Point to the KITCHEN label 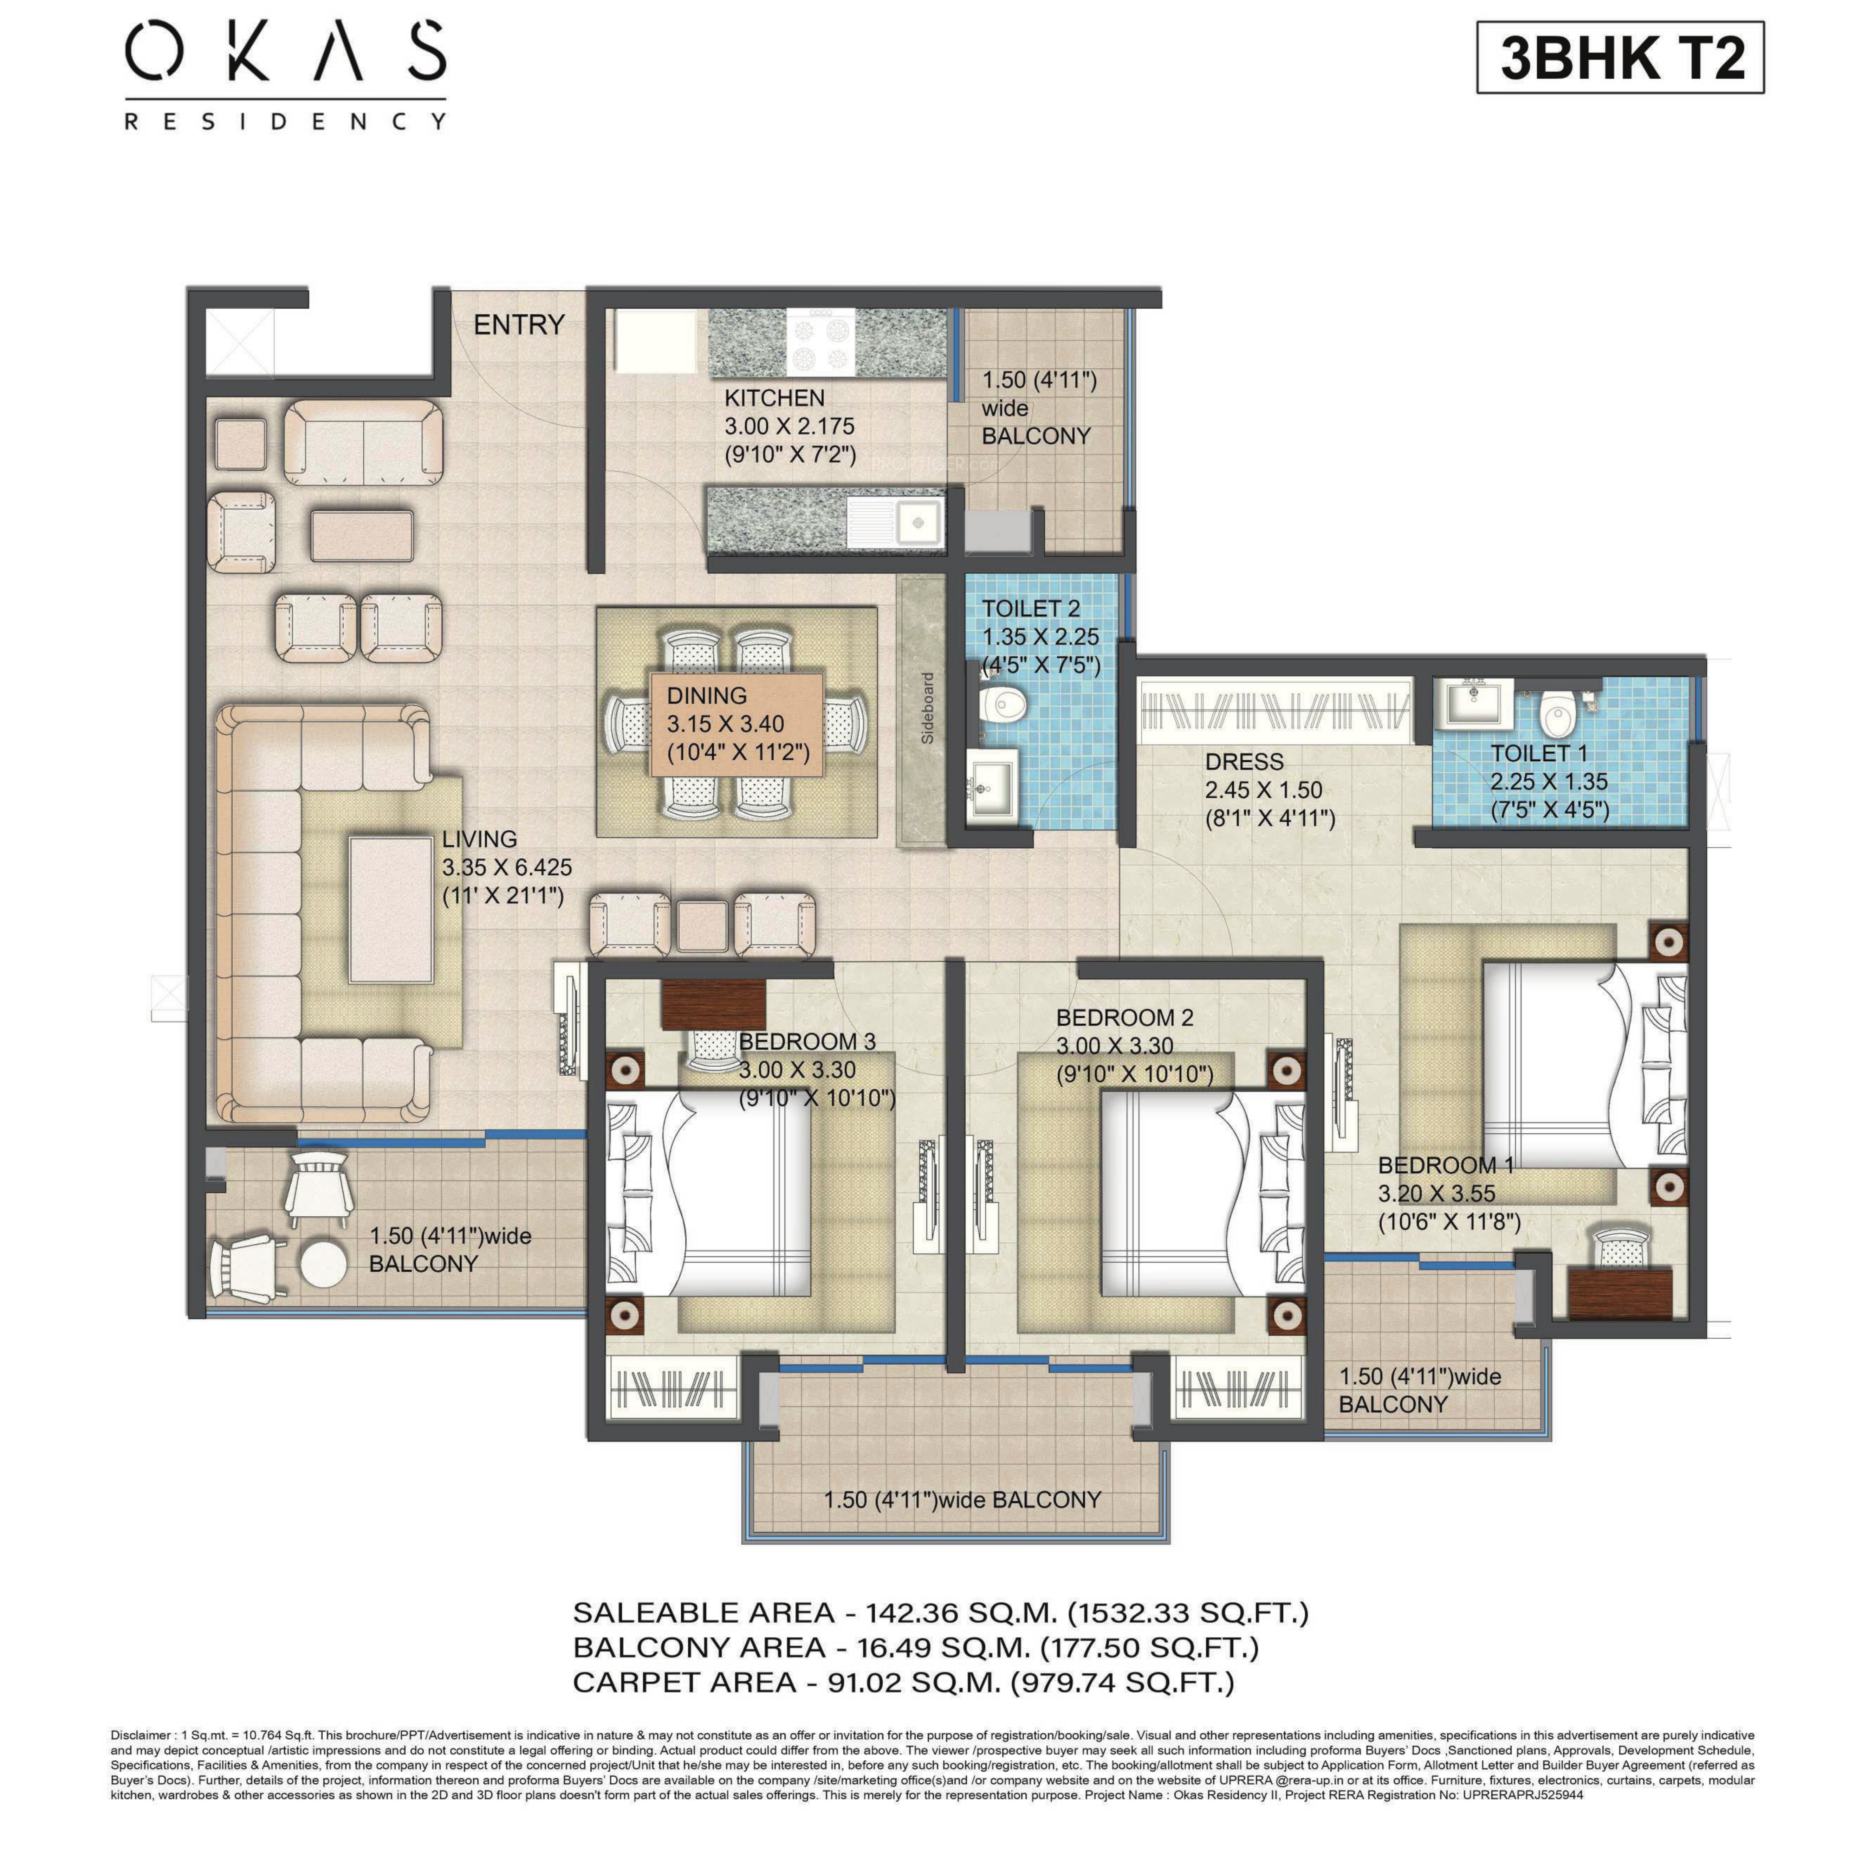point(774,398)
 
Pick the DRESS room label point(1244,762)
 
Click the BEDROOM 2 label point(1125,1017)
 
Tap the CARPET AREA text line point(903,1682)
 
